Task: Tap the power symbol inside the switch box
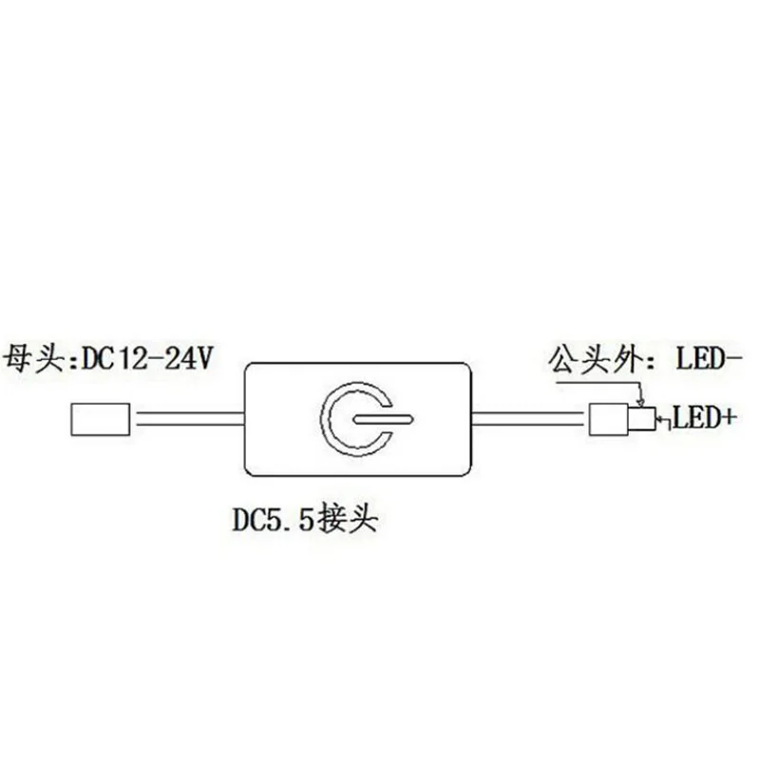click(x=356, y=419)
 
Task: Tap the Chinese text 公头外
click(x=589, y=360)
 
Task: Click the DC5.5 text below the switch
click(x=275, y=520)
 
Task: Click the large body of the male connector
click(x=606, y=419)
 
